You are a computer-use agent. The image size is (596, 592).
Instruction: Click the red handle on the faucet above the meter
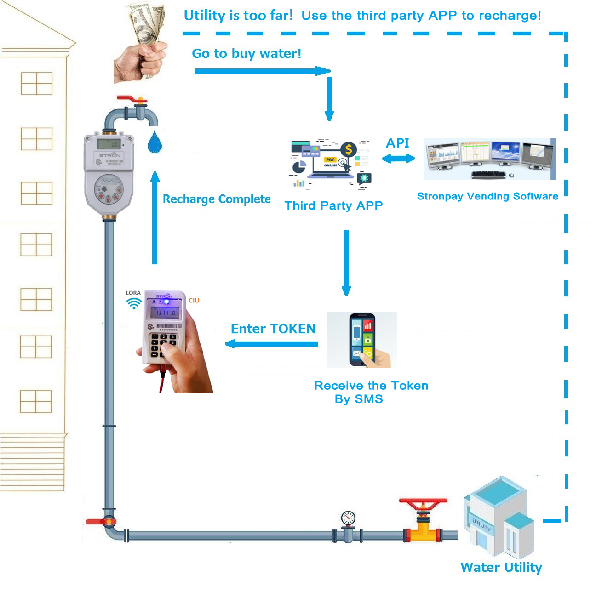tap(132, 99)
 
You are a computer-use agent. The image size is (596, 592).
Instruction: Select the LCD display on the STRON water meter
tap(109, 144)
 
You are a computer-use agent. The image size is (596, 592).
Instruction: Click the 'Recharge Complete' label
tap(217, 199)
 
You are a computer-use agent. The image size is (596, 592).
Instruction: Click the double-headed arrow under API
tap(398, 159)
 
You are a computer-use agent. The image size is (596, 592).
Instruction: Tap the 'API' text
tap(397, 143)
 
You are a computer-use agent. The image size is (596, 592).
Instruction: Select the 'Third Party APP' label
tap(333, 205)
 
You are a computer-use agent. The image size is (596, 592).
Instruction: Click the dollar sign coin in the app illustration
tap(348, 149)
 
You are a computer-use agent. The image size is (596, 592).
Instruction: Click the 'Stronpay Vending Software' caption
tap(487, 196)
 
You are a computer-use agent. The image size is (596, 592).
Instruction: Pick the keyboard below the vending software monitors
tap(488, 175)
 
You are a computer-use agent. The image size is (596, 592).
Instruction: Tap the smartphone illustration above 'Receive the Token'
tap(362, 340)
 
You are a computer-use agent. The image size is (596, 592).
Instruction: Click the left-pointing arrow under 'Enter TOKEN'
tap(271, 344)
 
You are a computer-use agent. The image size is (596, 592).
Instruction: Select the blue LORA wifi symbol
tap(134, 303)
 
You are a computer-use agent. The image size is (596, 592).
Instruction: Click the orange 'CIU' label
tap(194, 300)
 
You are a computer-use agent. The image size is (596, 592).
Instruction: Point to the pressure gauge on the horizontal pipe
tap(348, 518)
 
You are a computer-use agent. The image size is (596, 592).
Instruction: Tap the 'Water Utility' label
tap(501, 567)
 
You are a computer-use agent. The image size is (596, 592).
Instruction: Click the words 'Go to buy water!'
tap(246, 53)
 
